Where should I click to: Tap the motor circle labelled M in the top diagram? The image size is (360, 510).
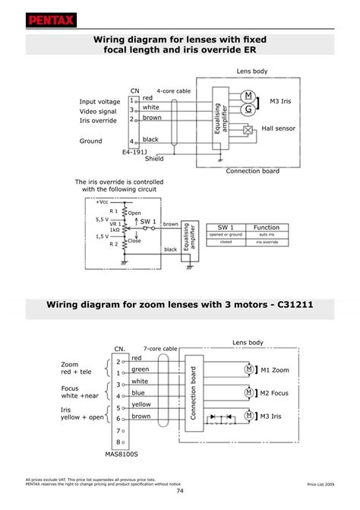(x=248, y=95)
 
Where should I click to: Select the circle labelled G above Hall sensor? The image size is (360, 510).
(x=248, y=109)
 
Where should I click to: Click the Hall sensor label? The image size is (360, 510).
(x=278, y=129)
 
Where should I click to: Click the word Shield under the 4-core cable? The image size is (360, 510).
(x=154, y=159)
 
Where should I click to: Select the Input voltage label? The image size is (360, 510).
(x=99, y=101)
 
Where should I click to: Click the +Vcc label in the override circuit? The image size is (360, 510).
(x=102, y=201)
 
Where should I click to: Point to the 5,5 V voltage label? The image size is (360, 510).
(x=102, y=219)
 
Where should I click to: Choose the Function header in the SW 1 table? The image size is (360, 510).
(x=266, y=227)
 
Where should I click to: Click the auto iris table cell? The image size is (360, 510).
(x=266, y=235)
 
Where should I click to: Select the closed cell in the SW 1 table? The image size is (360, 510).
(x=226, y=242)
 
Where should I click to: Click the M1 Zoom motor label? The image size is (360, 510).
(x=275, y=369)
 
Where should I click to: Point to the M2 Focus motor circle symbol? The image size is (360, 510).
(x=248, y=392)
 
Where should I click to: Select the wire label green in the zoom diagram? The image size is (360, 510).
(x=140, y=369)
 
